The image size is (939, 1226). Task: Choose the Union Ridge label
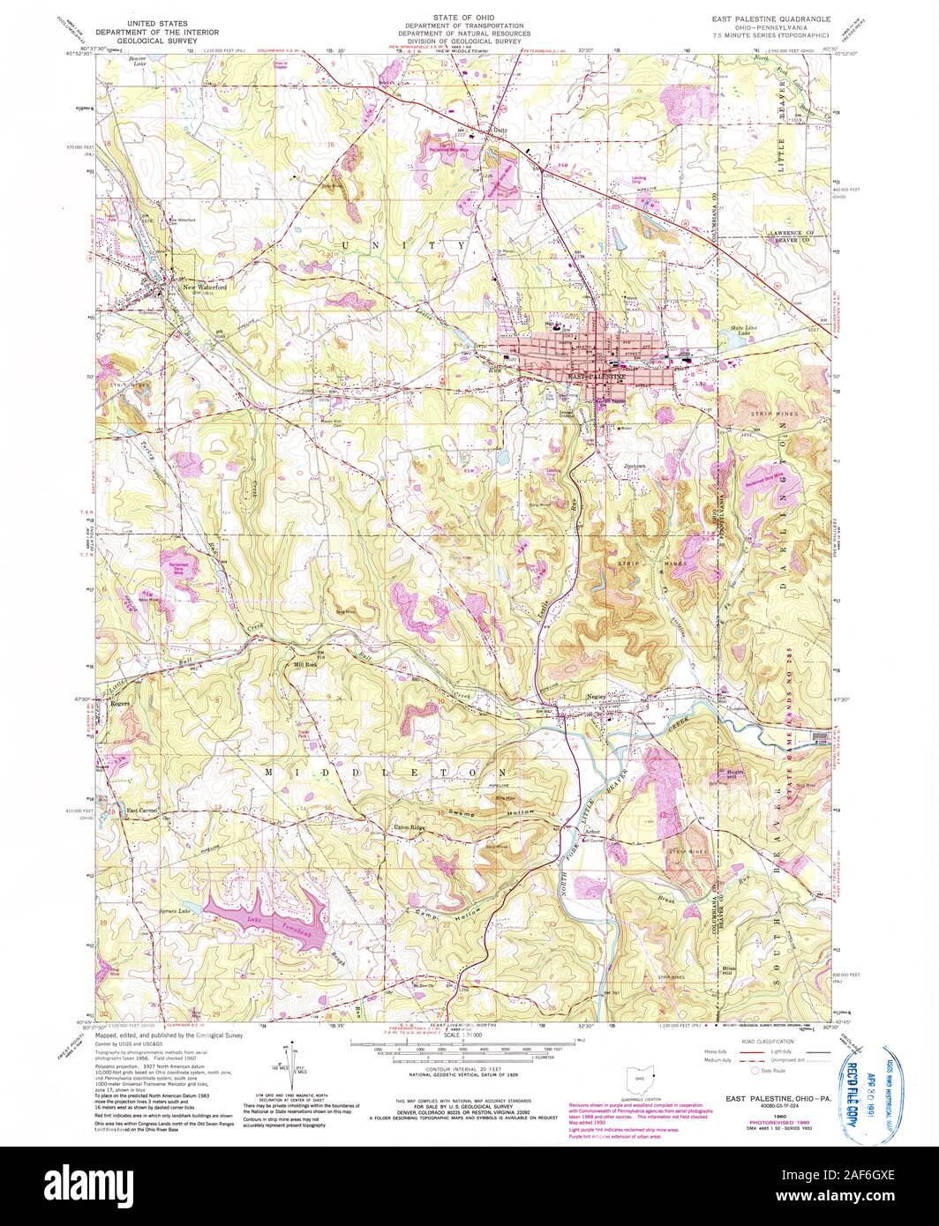(x=408, y=827)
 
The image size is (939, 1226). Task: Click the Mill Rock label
(x=306, y=665)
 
